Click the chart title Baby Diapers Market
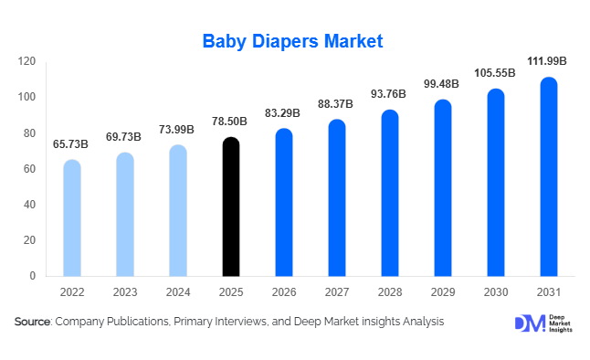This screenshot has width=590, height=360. coord(293,41)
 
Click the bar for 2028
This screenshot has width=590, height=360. coord(389,193)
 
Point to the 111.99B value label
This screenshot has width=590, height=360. coord(548,61)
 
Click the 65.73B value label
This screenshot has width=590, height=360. coord(71,143)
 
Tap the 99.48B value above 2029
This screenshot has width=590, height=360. coord(441,84)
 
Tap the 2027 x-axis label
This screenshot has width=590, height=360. coord(336,292)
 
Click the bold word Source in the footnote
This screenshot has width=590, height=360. coord(33,322)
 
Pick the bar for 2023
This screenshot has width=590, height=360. coord(125,214)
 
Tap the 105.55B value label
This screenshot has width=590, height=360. coord(494,72)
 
